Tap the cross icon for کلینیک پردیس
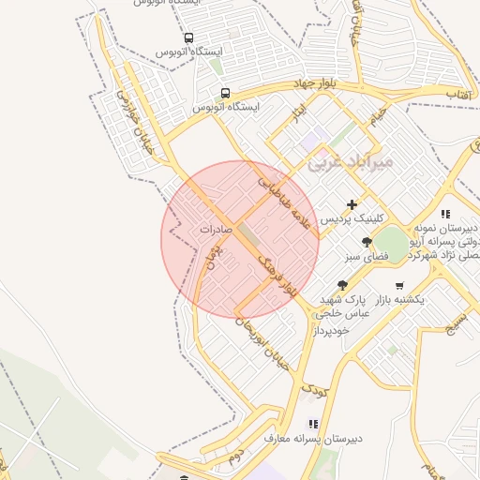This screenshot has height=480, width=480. tap(352, 204)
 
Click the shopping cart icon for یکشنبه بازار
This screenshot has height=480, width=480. tap(400, 285)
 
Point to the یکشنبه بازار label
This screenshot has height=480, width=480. tap(400, 299)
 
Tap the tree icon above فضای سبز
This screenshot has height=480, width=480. tap(352, 242)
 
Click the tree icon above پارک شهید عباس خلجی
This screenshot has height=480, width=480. tap(342, 285)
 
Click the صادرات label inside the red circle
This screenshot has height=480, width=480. tap(216, 229)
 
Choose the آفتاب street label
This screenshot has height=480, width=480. tap(457, 96)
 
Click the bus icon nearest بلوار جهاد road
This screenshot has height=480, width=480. tap(225, 93)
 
